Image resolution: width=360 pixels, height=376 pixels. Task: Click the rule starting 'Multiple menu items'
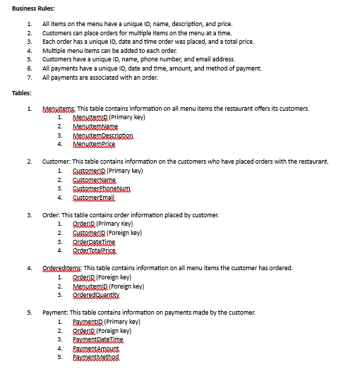(x=109, y=51)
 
